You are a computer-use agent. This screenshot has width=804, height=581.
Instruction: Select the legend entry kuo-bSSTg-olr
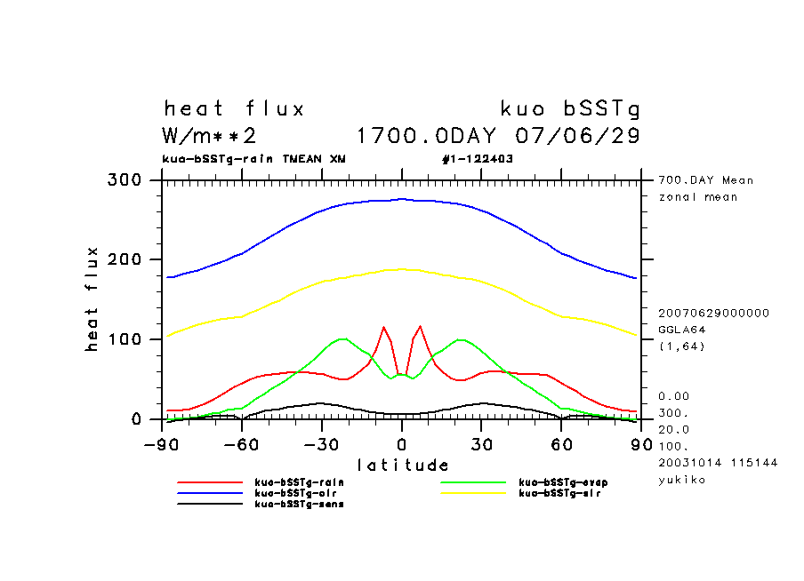[294, 493]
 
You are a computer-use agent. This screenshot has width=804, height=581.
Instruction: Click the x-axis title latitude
[403, 465]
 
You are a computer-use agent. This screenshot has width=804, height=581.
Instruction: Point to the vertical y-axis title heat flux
[92, 298]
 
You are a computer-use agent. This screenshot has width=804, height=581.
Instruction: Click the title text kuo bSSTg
[570, 109]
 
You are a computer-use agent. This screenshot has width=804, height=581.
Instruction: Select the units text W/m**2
[210, 137]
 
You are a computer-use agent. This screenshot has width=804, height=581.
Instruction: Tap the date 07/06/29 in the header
[578, 137]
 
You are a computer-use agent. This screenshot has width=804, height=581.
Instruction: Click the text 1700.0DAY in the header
[426, 137]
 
